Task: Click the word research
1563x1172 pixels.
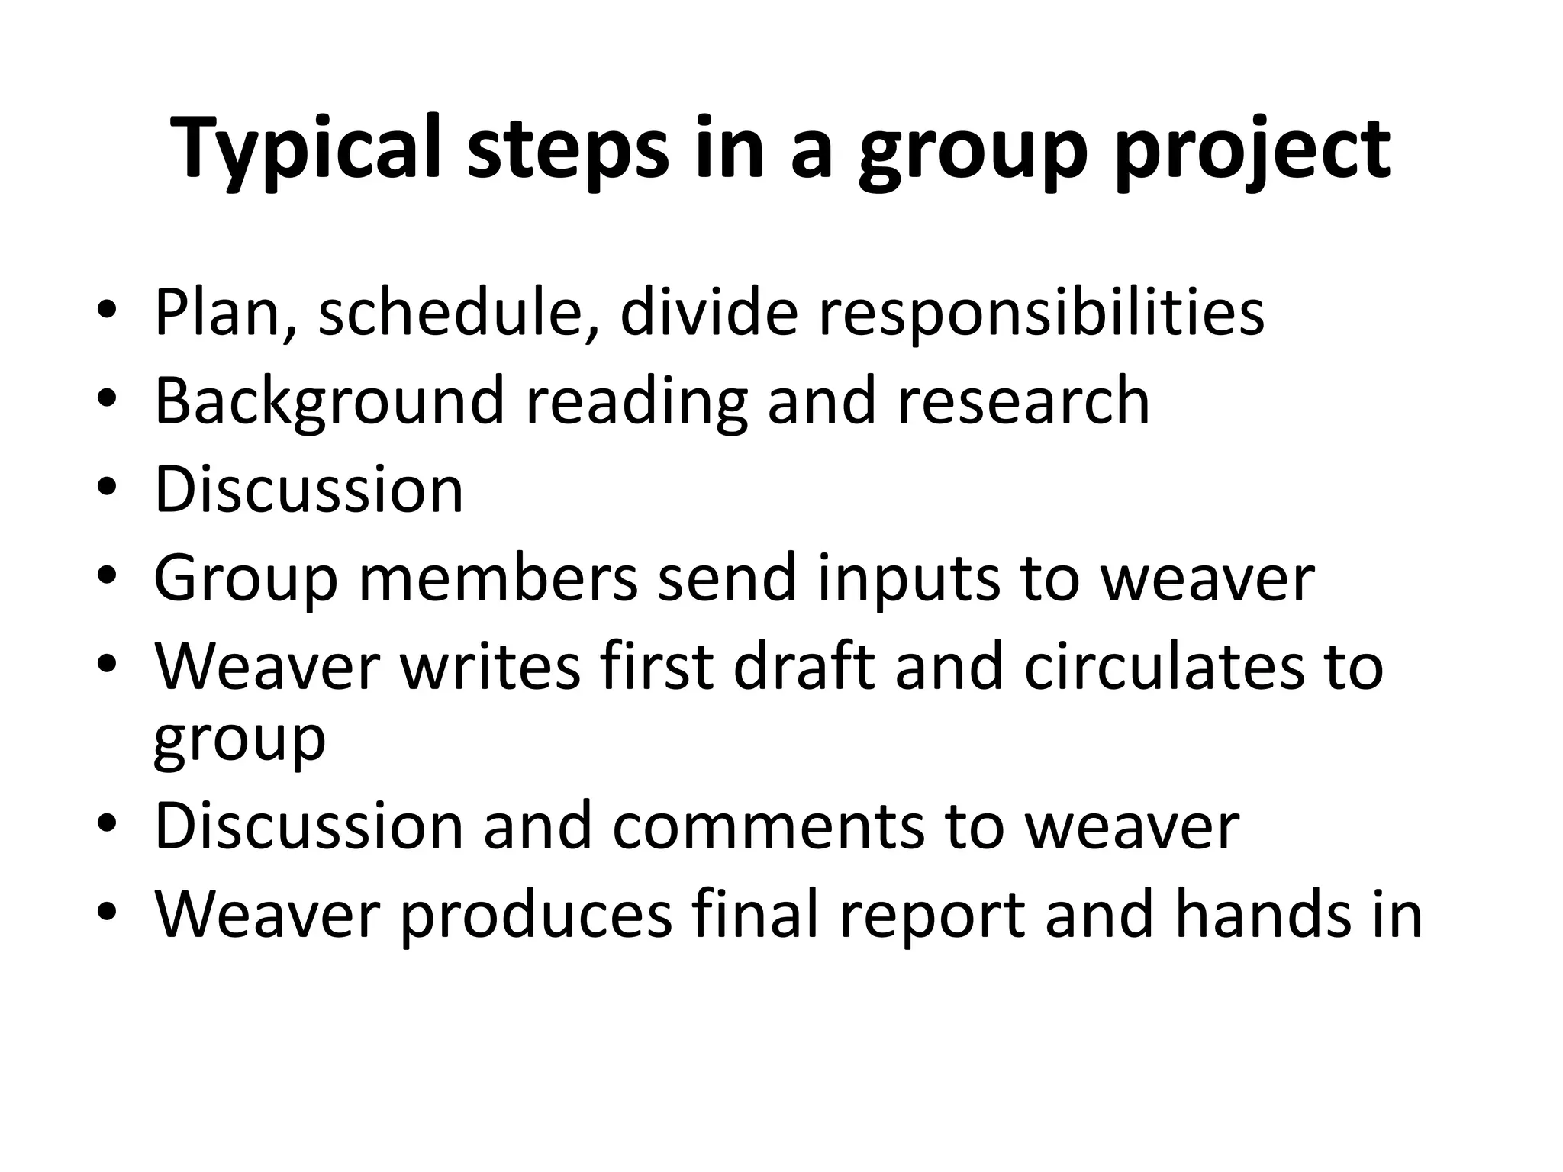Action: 1023,401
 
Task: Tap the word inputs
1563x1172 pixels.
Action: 907,578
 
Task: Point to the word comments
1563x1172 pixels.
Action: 768,826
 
